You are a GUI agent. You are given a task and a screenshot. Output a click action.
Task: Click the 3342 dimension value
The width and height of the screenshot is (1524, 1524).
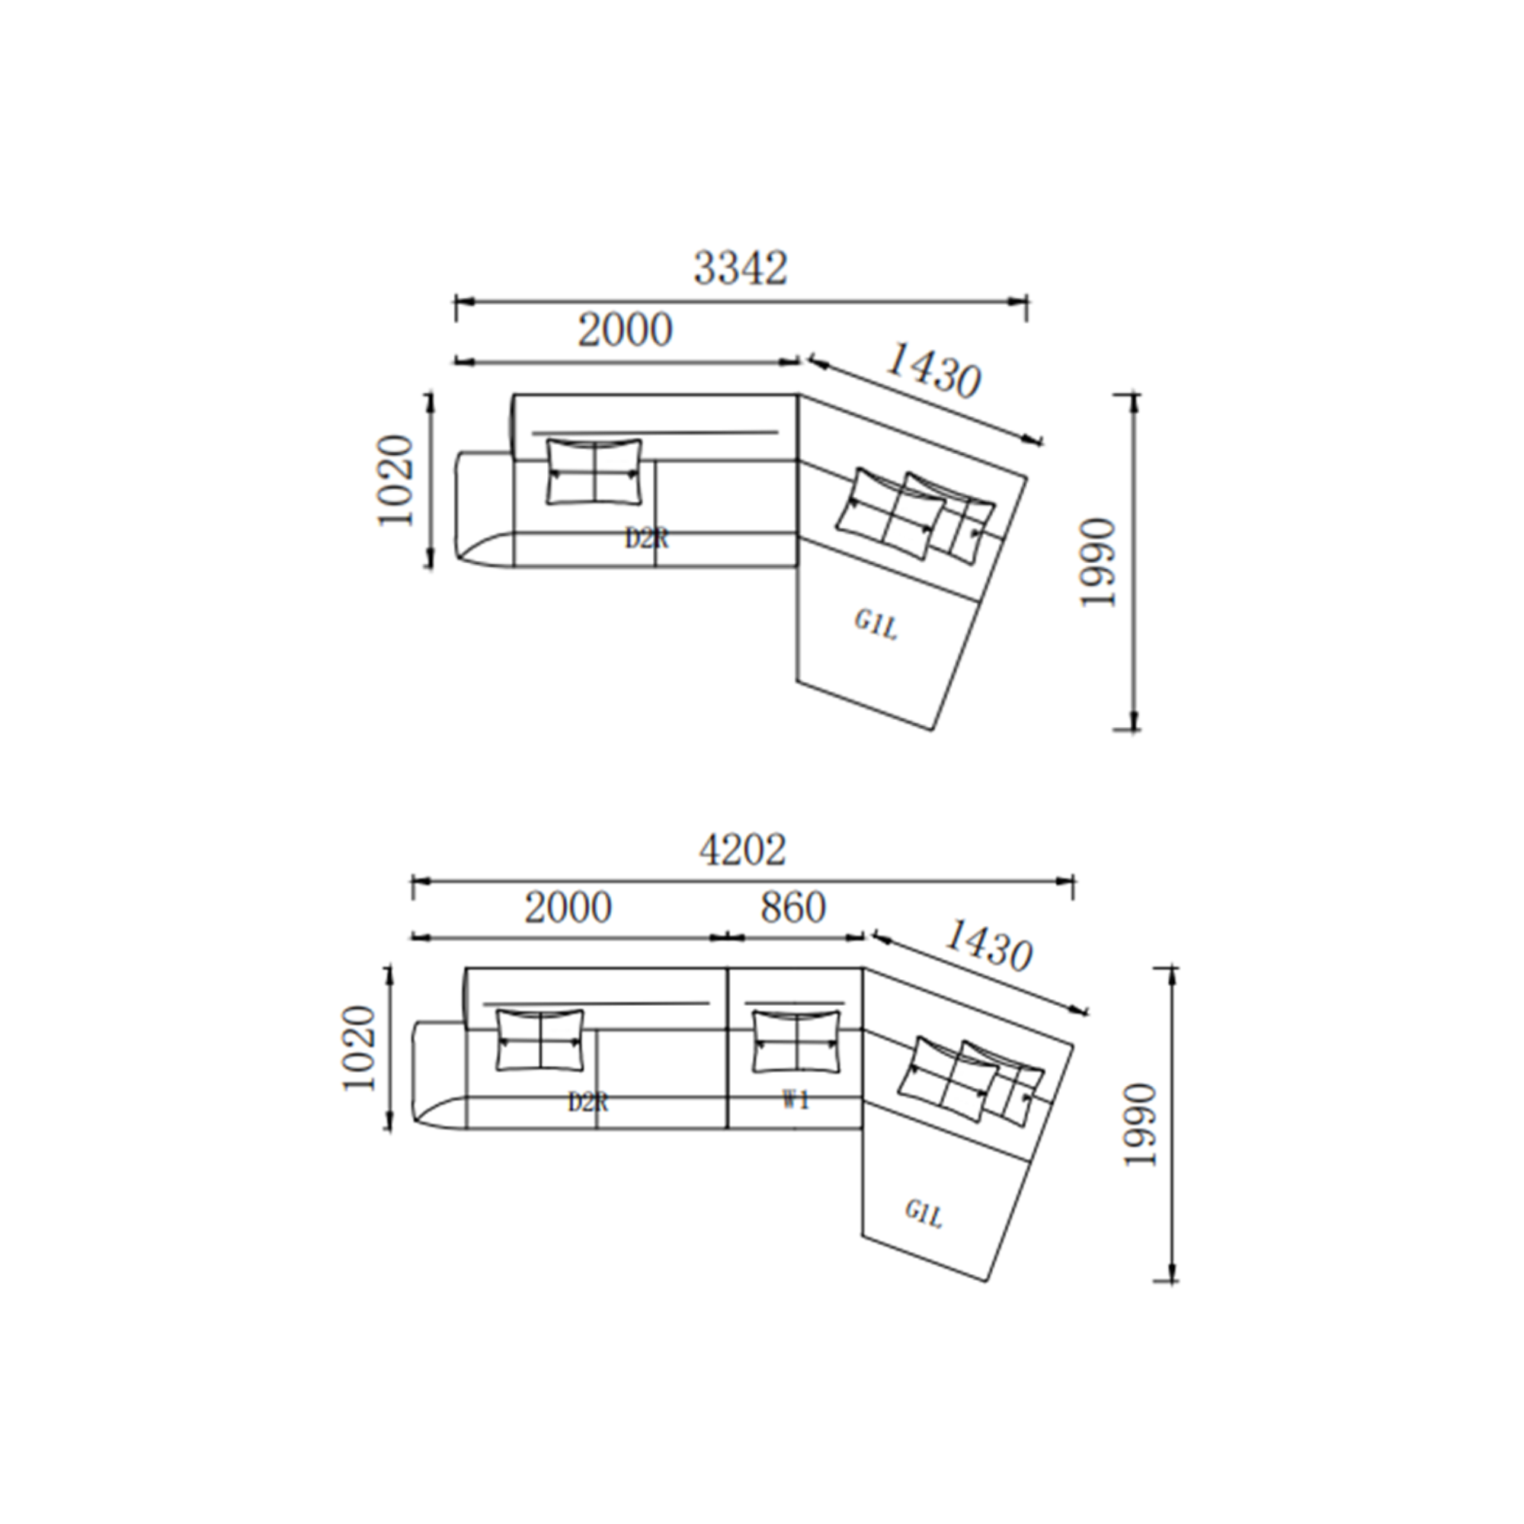(741, 268)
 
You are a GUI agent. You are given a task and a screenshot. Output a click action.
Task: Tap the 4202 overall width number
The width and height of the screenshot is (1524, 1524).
(742, 850)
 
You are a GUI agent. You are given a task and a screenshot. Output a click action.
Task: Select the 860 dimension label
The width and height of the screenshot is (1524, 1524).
(792, 908)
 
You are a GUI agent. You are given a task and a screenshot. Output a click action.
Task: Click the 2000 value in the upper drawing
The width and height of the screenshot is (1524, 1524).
(626, 330)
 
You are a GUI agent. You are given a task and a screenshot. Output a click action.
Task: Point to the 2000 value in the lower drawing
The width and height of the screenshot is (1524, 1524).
(568, 908)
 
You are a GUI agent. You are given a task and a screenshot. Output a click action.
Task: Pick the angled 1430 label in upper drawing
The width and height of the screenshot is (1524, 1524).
(934, 371)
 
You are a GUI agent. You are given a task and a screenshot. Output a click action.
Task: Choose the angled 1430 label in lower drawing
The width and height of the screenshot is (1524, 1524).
(988, 946)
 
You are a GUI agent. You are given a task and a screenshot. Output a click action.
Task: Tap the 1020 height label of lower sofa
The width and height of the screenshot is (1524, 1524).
(360, 1049)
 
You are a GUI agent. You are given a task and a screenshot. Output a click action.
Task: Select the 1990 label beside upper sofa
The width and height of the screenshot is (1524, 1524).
(1099, 562)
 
